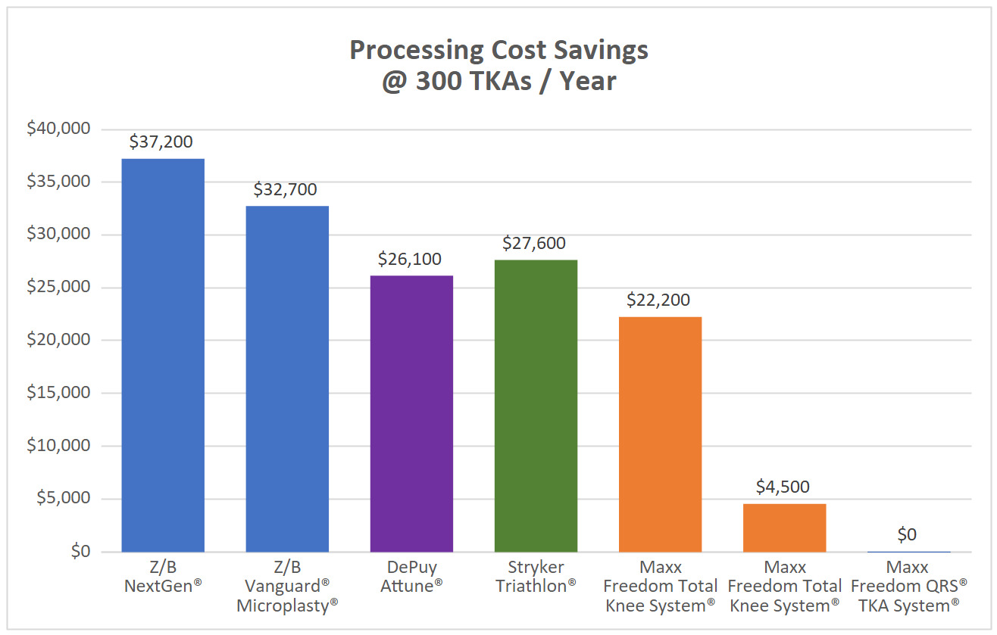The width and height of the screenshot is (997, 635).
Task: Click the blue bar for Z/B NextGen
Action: coord(163,355)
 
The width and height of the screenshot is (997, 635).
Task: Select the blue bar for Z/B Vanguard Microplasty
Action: coord(287,378)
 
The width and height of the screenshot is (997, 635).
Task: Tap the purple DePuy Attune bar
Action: coord(411,413)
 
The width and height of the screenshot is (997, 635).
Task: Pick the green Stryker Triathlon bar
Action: coord(536,406)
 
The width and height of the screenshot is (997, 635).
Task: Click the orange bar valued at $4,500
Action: coord(784,528)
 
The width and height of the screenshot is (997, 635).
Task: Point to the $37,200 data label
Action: coord(161,142)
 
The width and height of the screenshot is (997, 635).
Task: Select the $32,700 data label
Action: coord(286,189)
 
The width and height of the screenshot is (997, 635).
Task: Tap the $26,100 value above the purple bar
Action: coord(410,259)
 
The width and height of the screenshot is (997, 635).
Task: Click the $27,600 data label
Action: coord(534,244)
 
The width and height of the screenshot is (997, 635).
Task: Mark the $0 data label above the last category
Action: coord(907,535)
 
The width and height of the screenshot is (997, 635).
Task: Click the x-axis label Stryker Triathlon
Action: coord(536,576)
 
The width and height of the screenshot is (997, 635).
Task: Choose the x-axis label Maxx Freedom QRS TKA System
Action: coord(908,586)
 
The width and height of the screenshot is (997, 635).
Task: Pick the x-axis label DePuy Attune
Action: coord(411,576)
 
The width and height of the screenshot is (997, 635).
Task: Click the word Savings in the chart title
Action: coord(593,51)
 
